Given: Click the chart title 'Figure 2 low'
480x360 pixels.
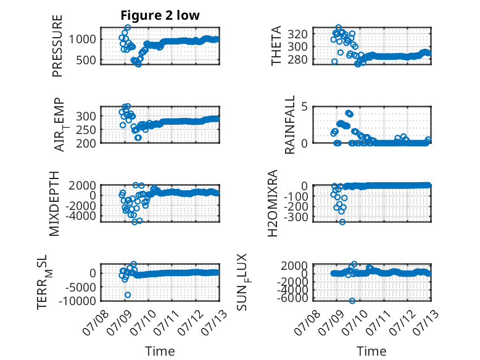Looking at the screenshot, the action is tap(160, 15).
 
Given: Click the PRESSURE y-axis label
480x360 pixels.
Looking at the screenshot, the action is tap(57, 46).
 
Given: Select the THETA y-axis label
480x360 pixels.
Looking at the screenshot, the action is tap(276, 46).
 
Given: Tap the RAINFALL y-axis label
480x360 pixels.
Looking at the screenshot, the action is tap(289, 125).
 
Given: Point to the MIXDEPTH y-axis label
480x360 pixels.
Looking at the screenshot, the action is tap(54, 203).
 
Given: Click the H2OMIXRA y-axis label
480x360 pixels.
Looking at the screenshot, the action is tap(273, 203).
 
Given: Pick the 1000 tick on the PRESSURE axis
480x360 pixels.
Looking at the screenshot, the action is tap(82, 40).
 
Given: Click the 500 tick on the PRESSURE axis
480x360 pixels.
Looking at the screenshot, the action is tap(86, 60).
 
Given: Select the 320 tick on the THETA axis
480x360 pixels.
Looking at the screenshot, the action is tap(297, 34).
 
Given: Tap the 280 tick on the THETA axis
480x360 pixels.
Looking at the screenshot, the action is tap(297, 59).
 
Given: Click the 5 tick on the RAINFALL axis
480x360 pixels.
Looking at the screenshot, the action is tap(304, 107).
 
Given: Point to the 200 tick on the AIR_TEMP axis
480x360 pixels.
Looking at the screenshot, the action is tap(86, 143).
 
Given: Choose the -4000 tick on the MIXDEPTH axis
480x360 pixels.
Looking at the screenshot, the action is tap(81, 216).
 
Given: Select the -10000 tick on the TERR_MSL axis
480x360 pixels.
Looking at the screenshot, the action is tap(78, 301).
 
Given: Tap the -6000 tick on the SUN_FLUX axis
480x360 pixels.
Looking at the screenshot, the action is tap(293, 298).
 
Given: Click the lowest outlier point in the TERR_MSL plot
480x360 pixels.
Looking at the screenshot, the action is tap(128, 295).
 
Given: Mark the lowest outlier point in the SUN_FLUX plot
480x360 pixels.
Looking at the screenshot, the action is tap(352, 301).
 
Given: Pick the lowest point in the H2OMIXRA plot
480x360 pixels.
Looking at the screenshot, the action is tap(342, 222).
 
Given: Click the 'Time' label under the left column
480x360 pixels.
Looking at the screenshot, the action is tap(160, 351).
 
